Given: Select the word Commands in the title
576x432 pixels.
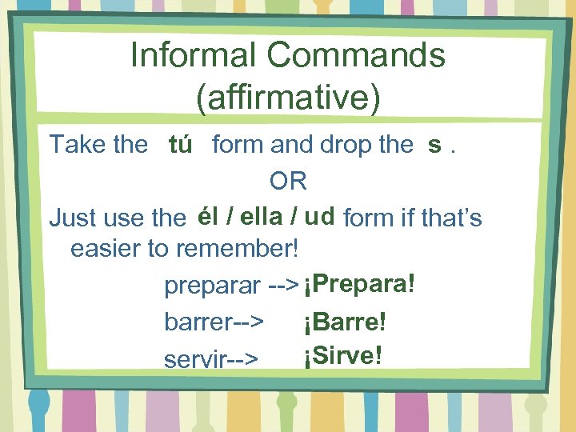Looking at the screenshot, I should click(356, 56).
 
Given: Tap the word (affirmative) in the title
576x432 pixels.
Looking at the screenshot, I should click(288, 97).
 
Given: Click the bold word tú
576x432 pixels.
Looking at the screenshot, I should click(180, 145).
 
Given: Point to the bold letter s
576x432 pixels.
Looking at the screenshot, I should click(434, 145).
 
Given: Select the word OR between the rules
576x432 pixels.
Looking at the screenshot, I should click(288, 182).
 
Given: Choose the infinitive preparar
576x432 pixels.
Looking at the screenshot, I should click(212, 286).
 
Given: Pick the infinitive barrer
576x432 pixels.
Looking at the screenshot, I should click(197, 322).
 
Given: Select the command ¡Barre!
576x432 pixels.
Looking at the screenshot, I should click(345, 322).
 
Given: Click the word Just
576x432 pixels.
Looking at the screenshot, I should click(73, 218).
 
